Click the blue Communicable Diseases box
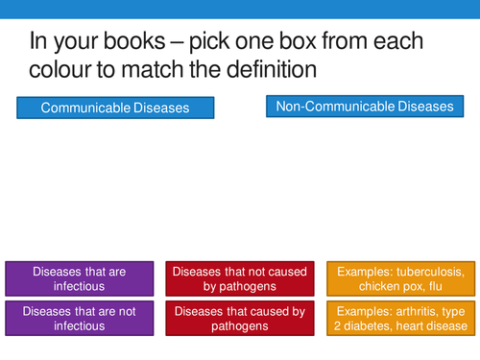coord(114,108)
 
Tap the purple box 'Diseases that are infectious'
coord(79,278)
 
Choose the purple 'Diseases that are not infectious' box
coord(79,318)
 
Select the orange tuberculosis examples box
coord(400,278)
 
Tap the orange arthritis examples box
coord(400,318)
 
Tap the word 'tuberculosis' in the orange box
coord(429,272)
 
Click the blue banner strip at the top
coord(240,9)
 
